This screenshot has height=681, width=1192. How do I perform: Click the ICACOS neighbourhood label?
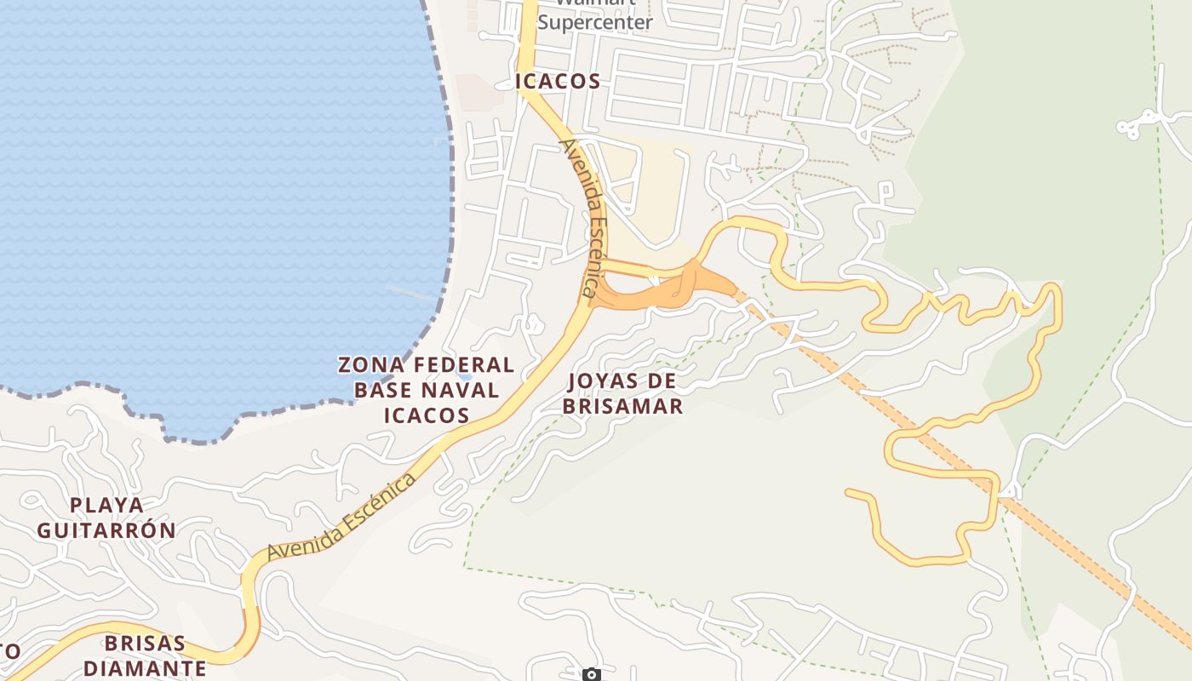tap(558, 82)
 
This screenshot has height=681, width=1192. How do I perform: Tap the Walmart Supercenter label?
tap(595, 17)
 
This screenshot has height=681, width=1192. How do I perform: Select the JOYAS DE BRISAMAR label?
tap(622, 393)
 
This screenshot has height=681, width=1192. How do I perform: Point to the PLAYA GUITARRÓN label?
tap(106, 518)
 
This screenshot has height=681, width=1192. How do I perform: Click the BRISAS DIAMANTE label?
tap(145, 655)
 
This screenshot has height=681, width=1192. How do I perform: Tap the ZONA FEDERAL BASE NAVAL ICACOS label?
tap(426, 390)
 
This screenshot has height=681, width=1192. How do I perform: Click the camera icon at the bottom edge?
tap(592, 675)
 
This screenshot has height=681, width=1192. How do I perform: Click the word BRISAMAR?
tap(622, 406)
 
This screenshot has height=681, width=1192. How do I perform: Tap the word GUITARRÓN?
tap(106, 530)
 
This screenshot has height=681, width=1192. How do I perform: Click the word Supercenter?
tap(595, 22)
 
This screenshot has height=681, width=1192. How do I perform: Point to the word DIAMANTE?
tap(145, 667)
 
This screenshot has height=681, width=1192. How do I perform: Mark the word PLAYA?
tap(106, 505)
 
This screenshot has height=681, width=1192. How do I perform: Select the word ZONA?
tap(370, 365)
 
